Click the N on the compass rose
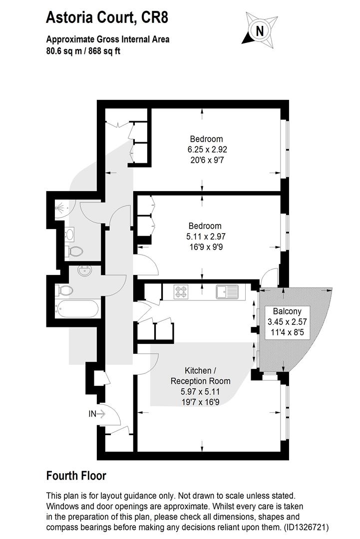(x=260, y=31)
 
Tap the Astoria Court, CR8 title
(x=107, y=17)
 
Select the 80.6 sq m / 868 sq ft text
(x=83, y=51)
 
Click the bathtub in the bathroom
(x=77, y=309)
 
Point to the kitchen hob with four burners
(x=181, y=292)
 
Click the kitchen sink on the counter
(x=227, y=292)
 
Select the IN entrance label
(x=92, y=414)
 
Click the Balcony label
(x=287, y=311)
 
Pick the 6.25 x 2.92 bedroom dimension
(x=207, y=150)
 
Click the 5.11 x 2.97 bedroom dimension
(x=206, y=237)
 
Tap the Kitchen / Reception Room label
(x=200, y=376)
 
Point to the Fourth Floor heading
(x=76, y=476)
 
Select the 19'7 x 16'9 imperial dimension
(x=200, y=402)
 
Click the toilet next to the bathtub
(x=64, y=290)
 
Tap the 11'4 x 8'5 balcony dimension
(x=287, y=332)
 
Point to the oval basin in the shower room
(x=70, y=235)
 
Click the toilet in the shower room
(x=75, y=251)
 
